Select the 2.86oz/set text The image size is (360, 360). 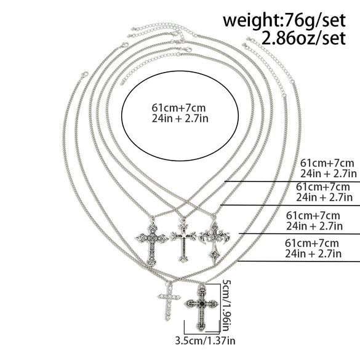pyautogui.click(x=303, y=38)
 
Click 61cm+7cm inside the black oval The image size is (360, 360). pyautogui.click(x=178, y=108)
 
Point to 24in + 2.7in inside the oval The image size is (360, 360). pyautogui.click(x=180, y=119)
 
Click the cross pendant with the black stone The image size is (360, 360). pyautogui.click(x=202, y=307)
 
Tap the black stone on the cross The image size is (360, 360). pyautogui.click(x=202, y=304)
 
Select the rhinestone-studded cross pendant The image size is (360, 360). pyautogui.click(x=169, y=301)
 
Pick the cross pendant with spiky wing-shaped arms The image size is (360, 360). pyautogui.click(x=214, y=241)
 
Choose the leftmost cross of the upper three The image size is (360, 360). pyautogui.click(x=152, y=242)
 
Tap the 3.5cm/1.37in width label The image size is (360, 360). pyautogui.click(x=206, y=340)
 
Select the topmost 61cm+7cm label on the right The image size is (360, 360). pyautogui.click(x=327, y=163)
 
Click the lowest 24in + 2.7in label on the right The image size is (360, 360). pyautogui.click(x=313, y=254)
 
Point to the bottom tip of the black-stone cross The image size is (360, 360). pyautogui.click(x=201, y=330)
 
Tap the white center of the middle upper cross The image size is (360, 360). pyautogui.click(x=183, y=236)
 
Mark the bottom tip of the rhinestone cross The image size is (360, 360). pyautogui.click(x=168, y=320)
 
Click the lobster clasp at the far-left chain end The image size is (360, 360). pyautogui.click(x=84, y=74)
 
